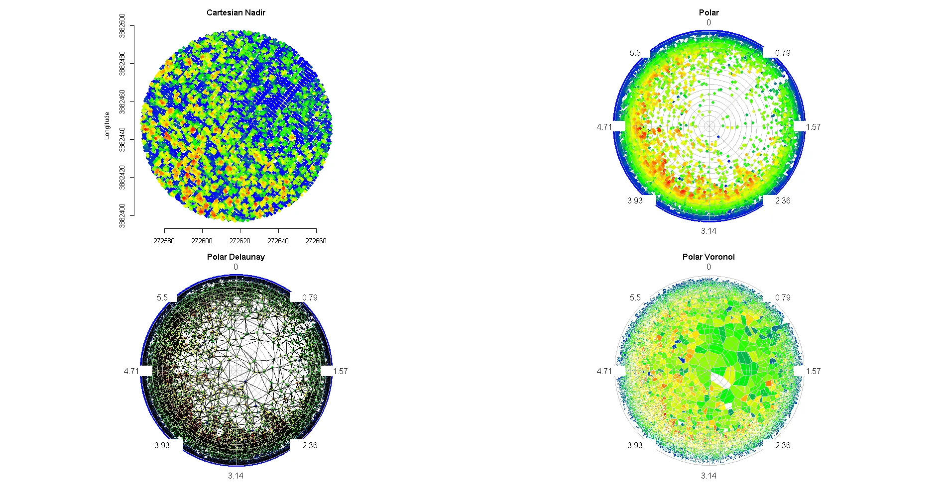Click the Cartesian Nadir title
[236, 12]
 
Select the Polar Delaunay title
[236, 257]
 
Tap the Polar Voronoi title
[708, 257]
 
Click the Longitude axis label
[107, 126]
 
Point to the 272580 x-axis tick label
[164, 241]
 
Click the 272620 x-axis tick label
[239, 241]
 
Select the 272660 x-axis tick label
[316, 241]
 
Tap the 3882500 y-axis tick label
[122, 26]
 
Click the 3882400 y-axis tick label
[122, 215]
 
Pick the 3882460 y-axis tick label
[122, 101]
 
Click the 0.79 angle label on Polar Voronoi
[783, 297]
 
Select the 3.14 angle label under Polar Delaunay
[236, 476]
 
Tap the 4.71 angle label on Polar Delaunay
[131, 371]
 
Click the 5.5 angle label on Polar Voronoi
[635, 297]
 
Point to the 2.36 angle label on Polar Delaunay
[310, 445]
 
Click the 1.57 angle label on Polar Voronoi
[813, 371]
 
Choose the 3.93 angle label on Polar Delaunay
[162, 445]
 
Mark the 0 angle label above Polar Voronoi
[709, 267]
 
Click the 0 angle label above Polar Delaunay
[236, 267]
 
